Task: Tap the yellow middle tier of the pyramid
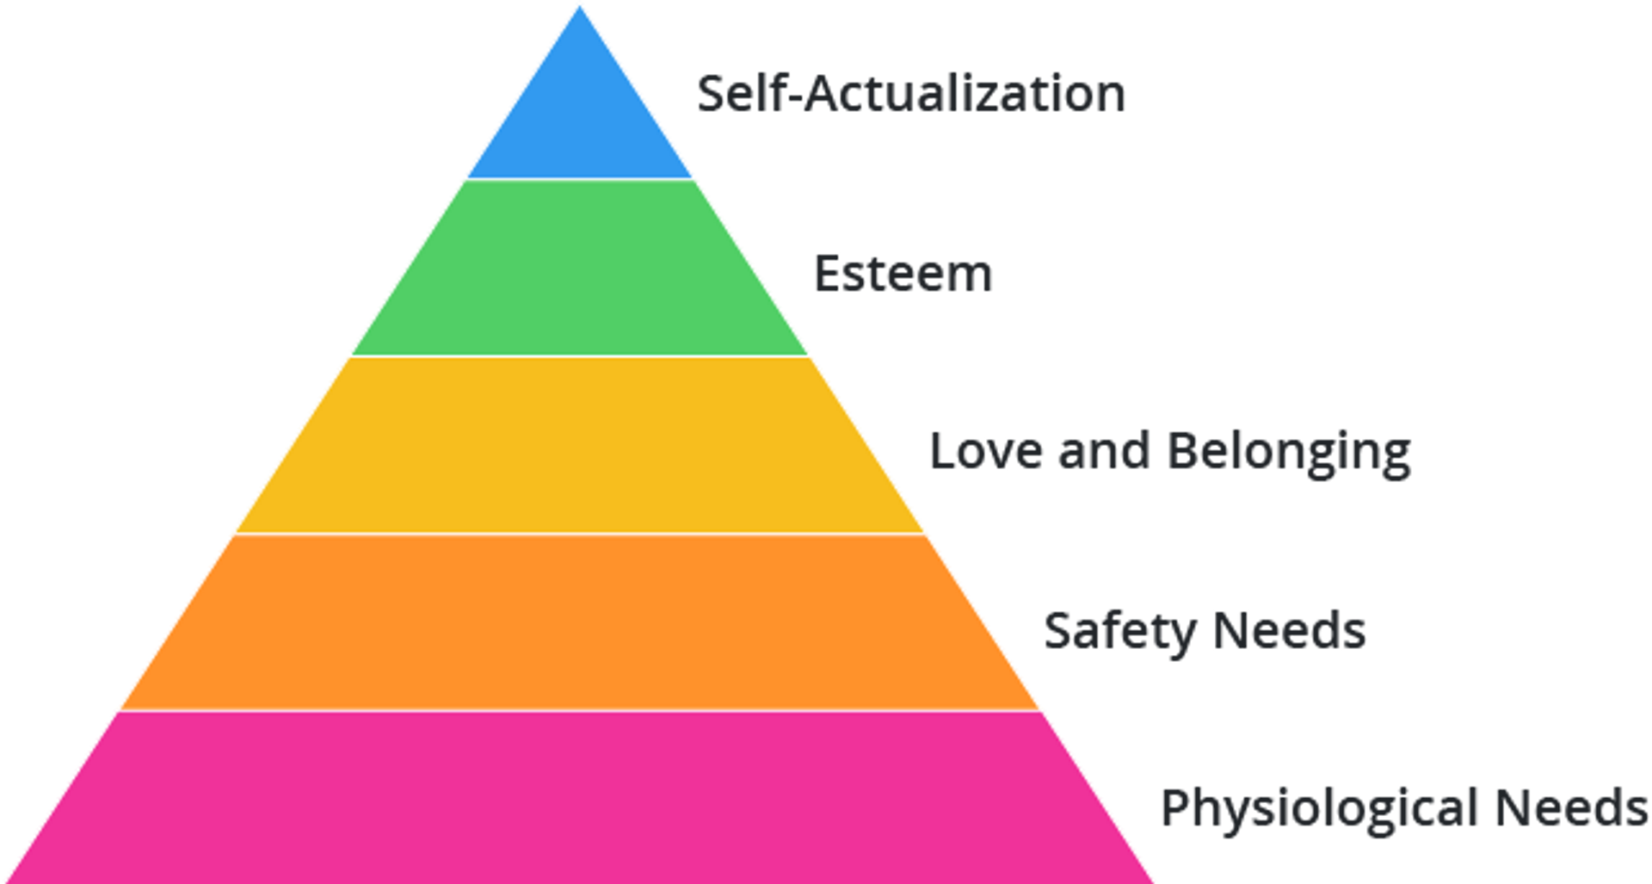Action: pos(580,445)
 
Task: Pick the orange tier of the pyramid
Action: pos(580,622)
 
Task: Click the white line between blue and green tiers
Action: pos(580,179)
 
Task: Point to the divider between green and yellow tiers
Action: pos(580,355)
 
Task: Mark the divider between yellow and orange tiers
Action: pos(580,534)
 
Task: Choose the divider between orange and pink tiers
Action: pos(580,711)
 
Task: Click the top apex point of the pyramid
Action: pos(580,5)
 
